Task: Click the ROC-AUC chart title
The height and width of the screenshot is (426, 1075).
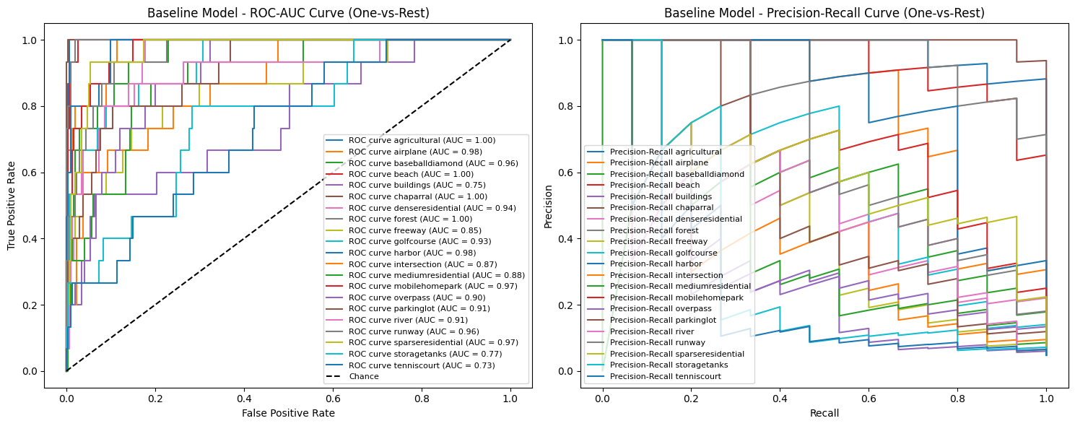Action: (x=288, y=13)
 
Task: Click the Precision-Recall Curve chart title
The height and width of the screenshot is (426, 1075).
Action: (x=824, y=13)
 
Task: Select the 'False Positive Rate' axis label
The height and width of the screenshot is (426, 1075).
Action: (x=288, y=413)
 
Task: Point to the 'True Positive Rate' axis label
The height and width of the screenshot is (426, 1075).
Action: (x=12, y=205)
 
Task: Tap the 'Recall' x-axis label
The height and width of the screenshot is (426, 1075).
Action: (x=824, y=413)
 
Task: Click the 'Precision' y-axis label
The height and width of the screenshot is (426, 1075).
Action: (x=549, y=205)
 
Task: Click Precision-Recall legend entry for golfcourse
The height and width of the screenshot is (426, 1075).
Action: (x=663, y=253)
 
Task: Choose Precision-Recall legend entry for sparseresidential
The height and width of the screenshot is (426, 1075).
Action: (x=676, y=354)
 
